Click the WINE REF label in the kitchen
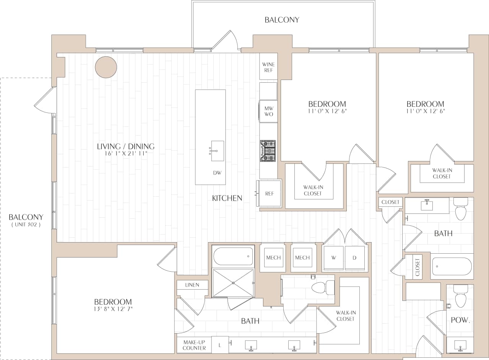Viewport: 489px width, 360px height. point(268,67)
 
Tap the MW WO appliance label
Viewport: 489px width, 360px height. point(269,111)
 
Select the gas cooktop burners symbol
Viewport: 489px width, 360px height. point(268,151)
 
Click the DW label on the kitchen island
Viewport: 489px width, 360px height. point(217,173)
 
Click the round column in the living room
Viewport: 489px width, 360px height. point(106,67)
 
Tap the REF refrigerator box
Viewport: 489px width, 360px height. point(270,194)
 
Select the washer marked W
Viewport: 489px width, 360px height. point(333,258)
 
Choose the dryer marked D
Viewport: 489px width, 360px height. point(354,258)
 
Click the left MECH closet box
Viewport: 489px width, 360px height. point(273,257)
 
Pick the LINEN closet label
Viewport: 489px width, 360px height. point(193,285)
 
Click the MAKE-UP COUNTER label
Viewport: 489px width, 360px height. point(194,345)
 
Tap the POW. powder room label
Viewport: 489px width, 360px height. point(460,320)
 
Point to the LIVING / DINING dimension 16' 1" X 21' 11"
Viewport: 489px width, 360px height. point(125,153)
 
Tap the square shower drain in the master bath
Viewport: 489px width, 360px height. point(233,283)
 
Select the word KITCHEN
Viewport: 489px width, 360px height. point(227,198)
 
